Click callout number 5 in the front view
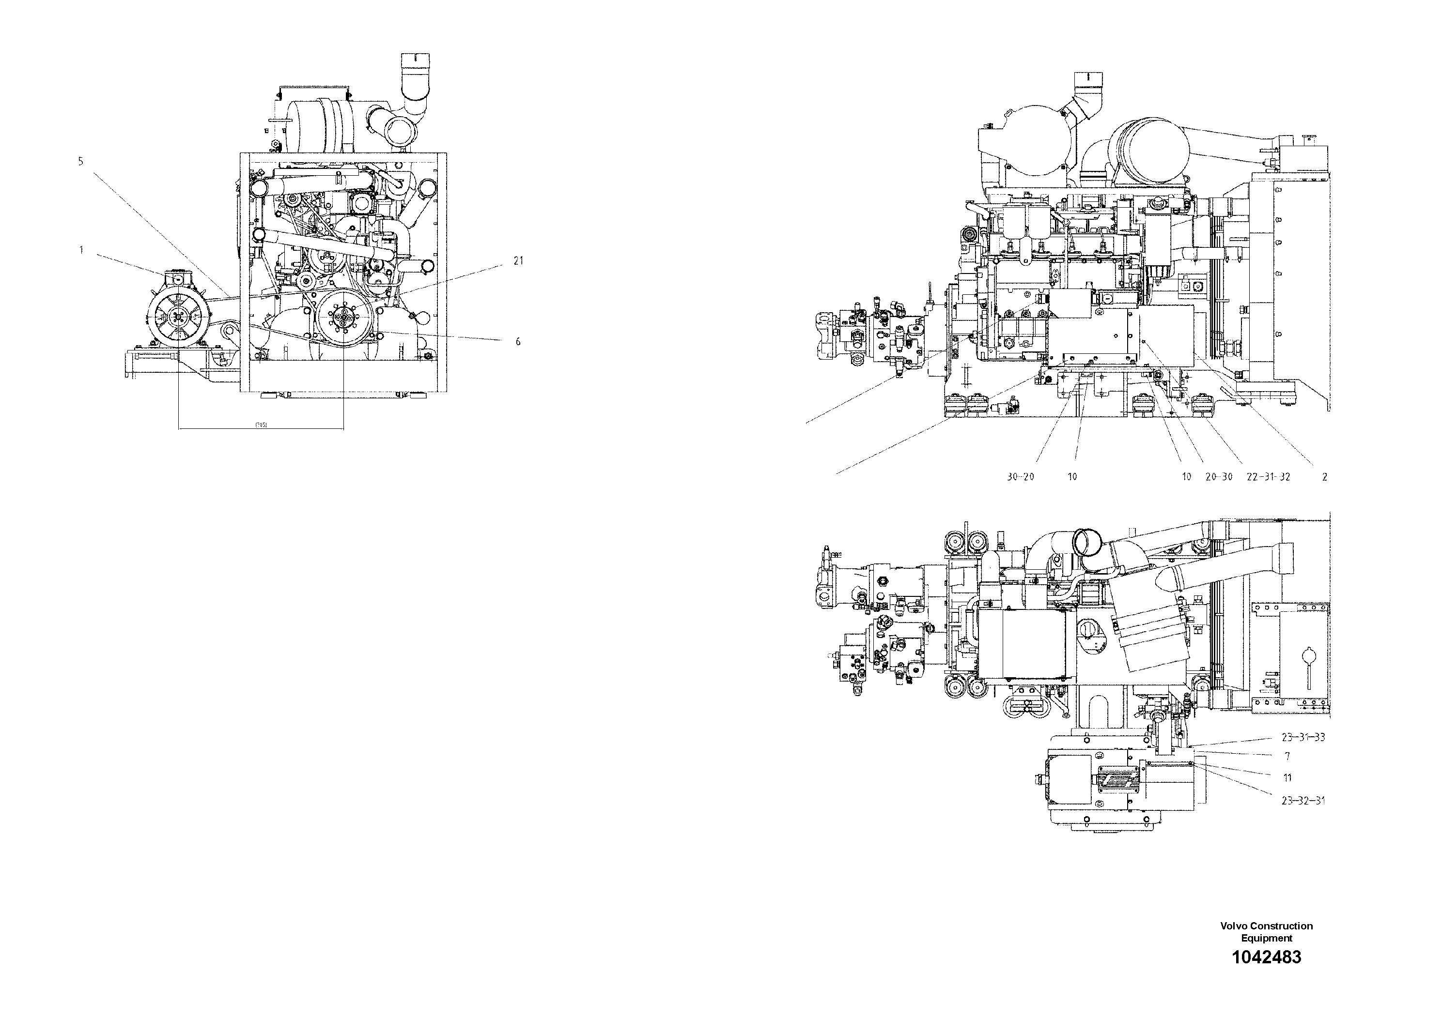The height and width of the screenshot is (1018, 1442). [x=80, y=161]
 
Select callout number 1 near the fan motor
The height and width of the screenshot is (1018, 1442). [x=81, y=250]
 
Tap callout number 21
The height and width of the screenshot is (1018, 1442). [x=518, y=261]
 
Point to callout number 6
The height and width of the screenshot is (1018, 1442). [x=518, y=341]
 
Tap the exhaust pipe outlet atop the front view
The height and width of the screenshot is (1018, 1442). [x=415, y=63]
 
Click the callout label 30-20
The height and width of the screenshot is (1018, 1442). [x=1020, y=476]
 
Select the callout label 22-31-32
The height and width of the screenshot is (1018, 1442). [x=1269, y=476]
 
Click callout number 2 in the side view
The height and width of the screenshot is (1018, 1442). [x=1325, y=476]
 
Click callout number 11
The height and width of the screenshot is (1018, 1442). [x=1287, y=777]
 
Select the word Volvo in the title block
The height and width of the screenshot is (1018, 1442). [x=1234, y=926]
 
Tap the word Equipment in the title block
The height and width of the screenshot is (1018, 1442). [x=1266, y=938]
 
